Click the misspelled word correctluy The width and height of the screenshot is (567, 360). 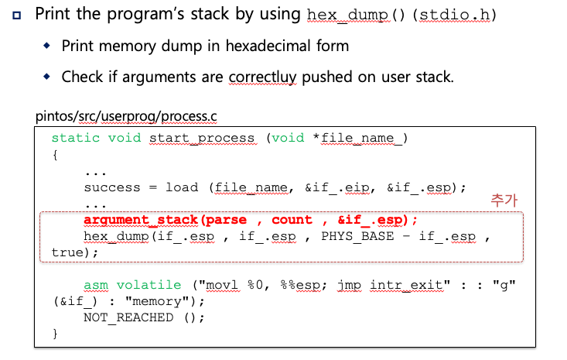coord(264,77)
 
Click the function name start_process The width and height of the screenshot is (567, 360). coord(202,138)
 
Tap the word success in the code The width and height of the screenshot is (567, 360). coord(112,187)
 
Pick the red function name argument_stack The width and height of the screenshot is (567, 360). coord(141,220)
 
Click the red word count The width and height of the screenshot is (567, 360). coord(292,220)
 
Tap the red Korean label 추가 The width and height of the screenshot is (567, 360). coord(504,200)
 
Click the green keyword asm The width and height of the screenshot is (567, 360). coord(96,285)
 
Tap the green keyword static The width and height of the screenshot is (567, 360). coord(75,138)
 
